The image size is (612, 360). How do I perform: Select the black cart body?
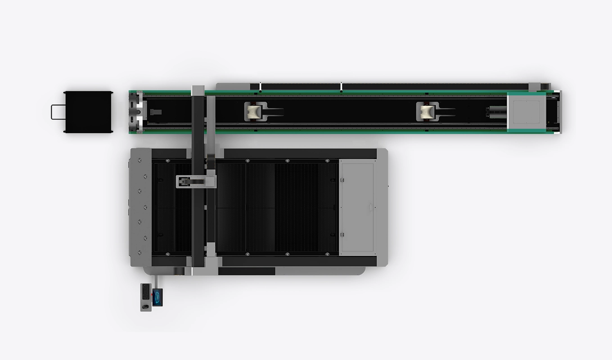coord(88,112)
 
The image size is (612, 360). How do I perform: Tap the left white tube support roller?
coord(253,111)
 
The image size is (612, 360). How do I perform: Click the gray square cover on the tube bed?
coord(526,112)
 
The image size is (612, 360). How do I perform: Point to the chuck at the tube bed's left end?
coord(136,112)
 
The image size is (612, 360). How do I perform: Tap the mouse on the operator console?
coord(145,307)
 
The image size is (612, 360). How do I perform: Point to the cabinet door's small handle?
coord(370,207)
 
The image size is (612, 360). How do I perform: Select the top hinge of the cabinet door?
coord(342,180)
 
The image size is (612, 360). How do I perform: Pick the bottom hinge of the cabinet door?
coord(342,234)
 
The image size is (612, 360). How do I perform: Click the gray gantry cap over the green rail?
coord(198,90)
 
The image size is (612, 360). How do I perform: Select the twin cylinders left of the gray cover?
coord(495,112)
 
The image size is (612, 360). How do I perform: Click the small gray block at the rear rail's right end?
coord(534,86)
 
